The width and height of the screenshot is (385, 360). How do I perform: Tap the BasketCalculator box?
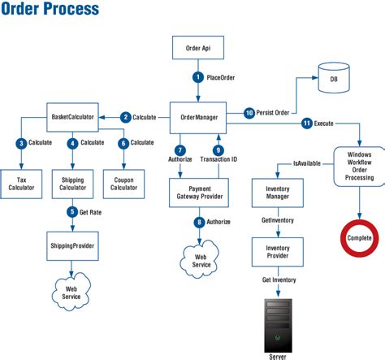point(72,117)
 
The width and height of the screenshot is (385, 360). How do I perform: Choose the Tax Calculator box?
point(21,183)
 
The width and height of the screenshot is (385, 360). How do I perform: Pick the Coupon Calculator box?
point(123,183)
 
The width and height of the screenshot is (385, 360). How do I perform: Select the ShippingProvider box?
point(72,245)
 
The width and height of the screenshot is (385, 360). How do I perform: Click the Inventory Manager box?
point(278,193)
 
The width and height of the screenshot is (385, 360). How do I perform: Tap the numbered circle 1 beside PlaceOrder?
point(197,77)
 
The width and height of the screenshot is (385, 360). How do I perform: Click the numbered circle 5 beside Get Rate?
point(72,213)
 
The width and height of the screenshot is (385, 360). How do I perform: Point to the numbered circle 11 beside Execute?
point(306,124)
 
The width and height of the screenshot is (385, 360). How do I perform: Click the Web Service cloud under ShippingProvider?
point(72,291)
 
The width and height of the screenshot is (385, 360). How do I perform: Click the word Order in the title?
point(24,10)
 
